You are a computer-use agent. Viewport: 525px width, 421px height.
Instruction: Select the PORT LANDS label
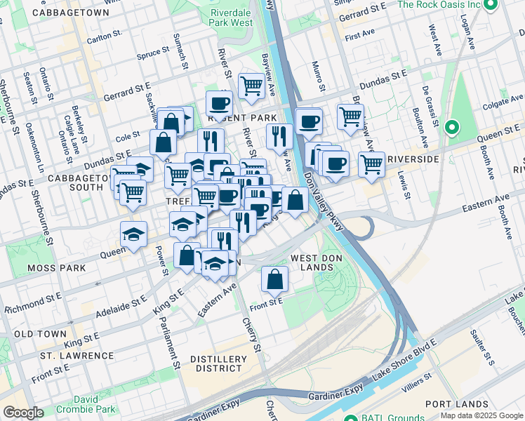point(456,404)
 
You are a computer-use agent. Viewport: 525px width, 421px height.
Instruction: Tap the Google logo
point(23,413)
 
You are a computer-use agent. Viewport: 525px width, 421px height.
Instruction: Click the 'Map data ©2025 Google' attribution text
point(481,415)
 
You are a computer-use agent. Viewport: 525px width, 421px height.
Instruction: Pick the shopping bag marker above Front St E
point(274,279)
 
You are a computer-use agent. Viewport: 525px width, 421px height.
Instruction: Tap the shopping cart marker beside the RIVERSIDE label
point(371,165)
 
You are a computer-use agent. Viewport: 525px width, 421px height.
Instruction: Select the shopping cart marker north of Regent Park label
point(251,86)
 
